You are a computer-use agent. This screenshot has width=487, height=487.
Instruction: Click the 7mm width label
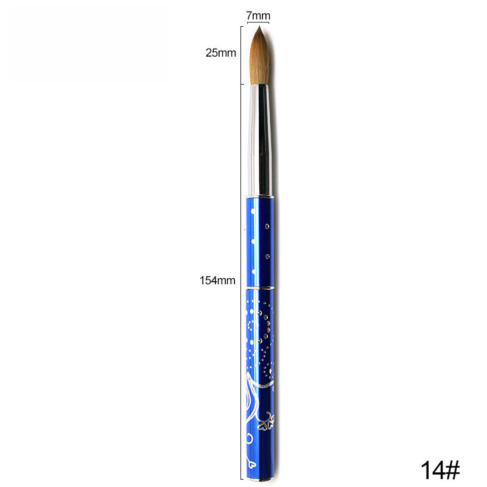(258, 15)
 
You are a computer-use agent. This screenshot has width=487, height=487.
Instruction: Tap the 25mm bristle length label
(221, 53)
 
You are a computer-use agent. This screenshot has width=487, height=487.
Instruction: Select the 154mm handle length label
(217, 281)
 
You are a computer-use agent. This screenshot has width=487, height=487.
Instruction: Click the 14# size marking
(440, 470)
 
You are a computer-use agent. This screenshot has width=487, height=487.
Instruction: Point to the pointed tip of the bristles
(259, 27)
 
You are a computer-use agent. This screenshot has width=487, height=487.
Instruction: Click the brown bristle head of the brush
(259, 56)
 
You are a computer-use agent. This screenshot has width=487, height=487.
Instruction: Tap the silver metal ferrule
(261, 140)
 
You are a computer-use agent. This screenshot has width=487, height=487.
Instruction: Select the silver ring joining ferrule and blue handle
(261, 197)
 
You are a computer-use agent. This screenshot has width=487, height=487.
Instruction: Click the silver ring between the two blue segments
(261, 287)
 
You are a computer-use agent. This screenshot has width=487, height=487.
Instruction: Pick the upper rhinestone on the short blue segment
(267, 226)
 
